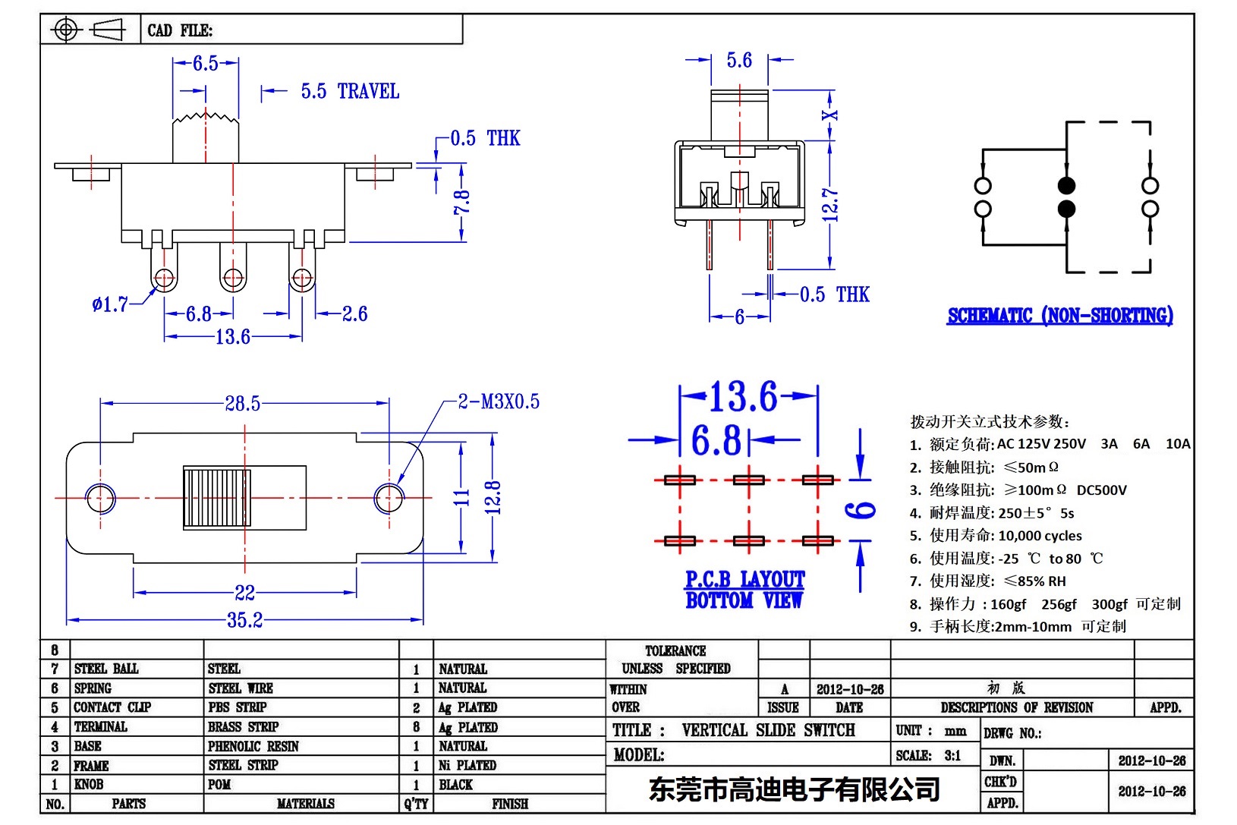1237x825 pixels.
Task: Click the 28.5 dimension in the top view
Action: point(242,403)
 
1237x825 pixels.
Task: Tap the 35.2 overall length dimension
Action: point(244,620)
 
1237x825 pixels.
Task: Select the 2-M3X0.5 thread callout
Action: point(499,401)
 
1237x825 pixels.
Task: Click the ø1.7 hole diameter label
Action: point(110,305)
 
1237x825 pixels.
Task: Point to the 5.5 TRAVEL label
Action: point(350,92)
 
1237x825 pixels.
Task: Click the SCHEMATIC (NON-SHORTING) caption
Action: point(1059,316)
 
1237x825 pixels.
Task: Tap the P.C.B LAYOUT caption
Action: point(744,580)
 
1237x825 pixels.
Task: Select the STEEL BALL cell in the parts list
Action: point(106,669)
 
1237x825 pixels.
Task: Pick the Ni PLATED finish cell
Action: point(467,765)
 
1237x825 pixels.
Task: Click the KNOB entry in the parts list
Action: point(89,784)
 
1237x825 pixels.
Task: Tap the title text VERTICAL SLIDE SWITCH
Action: point(768,730)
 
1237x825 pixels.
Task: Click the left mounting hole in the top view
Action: point(100,499)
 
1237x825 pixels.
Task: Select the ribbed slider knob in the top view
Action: point(217,498)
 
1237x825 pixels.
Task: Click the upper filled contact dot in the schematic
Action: point(1066,186)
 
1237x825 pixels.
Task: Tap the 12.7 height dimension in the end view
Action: point(831,205)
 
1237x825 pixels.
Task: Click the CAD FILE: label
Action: point(180,30)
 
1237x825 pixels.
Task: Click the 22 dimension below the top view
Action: point(244,592)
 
